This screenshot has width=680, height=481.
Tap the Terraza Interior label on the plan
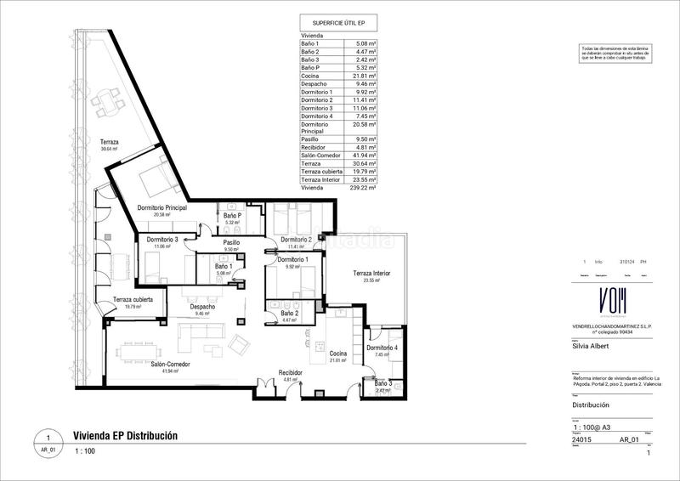(372, 274)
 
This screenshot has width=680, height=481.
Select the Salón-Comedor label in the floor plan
(171, 364)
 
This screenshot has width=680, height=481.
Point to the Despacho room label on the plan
(202, 307)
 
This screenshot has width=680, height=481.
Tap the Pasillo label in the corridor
(231, 242)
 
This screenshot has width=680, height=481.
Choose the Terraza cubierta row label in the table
(320, 171)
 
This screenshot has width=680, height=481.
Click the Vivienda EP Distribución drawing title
(126, 435)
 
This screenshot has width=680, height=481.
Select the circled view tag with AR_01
(48, 442)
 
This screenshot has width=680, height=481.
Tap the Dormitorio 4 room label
(382, 348)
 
